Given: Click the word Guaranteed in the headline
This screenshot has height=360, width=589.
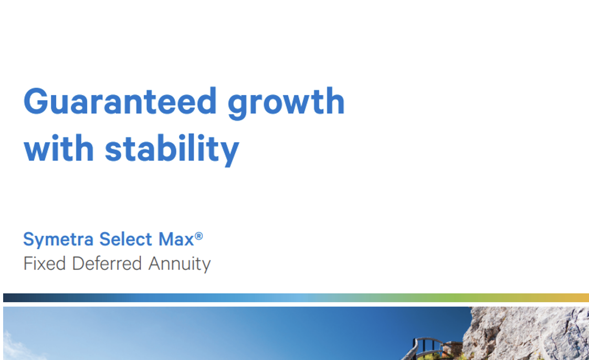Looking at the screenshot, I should pyautogui.click(x=120, y=101).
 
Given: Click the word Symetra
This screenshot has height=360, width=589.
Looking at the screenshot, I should pyautogui.click(x=58, y=240).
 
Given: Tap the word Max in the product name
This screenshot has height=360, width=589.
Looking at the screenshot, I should pyautogui.click(x=174, y=239).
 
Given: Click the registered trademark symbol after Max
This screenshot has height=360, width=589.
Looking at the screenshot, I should pyautogui.click(x=198, y=236).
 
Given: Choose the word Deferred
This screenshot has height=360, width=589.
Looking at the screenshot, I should pyautogui.click(x=108, y=263).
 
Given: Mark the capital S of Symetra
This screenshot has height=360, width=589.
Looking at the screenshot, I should pyautogui.click(x=29, y=239).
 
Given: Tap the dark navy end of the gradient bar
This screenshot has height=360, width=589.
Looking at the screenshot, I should pyautogui.click(x=10, y=298).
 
